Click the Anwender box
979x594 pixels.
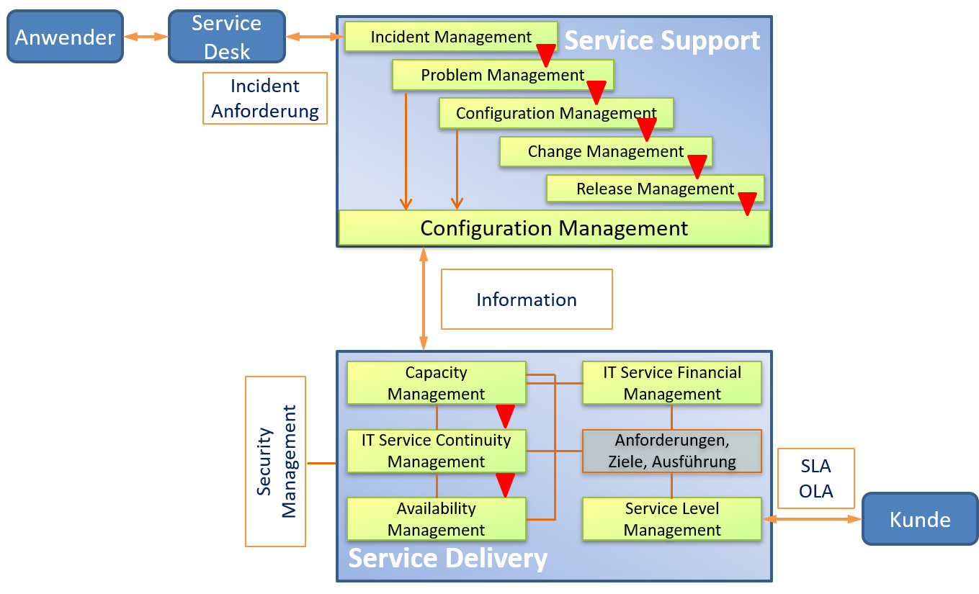65,37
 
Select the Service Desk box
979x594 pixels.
226,37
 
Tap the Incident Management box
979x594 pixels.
451,37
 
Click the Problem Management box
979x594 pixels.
502,75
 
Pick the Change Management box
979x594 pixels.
605,151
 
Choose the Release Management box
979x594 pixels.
654,189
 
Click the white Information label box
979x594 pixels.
527,300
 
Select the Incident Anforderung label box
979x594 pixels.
265,99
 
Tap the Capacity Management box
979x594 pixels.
436,383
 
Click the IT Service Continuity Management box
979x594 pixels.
436,451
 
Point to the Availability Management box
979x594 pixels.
436,519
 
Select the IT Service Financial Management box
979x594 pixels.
671,383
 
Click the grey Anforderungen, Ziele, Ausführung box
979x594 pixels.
671,451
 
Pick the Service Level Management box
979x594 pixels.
671,519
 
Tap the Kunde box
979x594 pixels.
920,519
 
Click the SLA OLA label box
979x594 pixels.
816,480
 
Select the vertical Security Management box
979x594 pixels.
275,461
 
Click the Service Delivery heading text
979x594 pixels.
448,559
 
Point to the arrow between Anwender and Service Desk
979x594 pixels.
146,36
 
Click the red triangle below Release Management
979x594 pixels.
748,204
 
